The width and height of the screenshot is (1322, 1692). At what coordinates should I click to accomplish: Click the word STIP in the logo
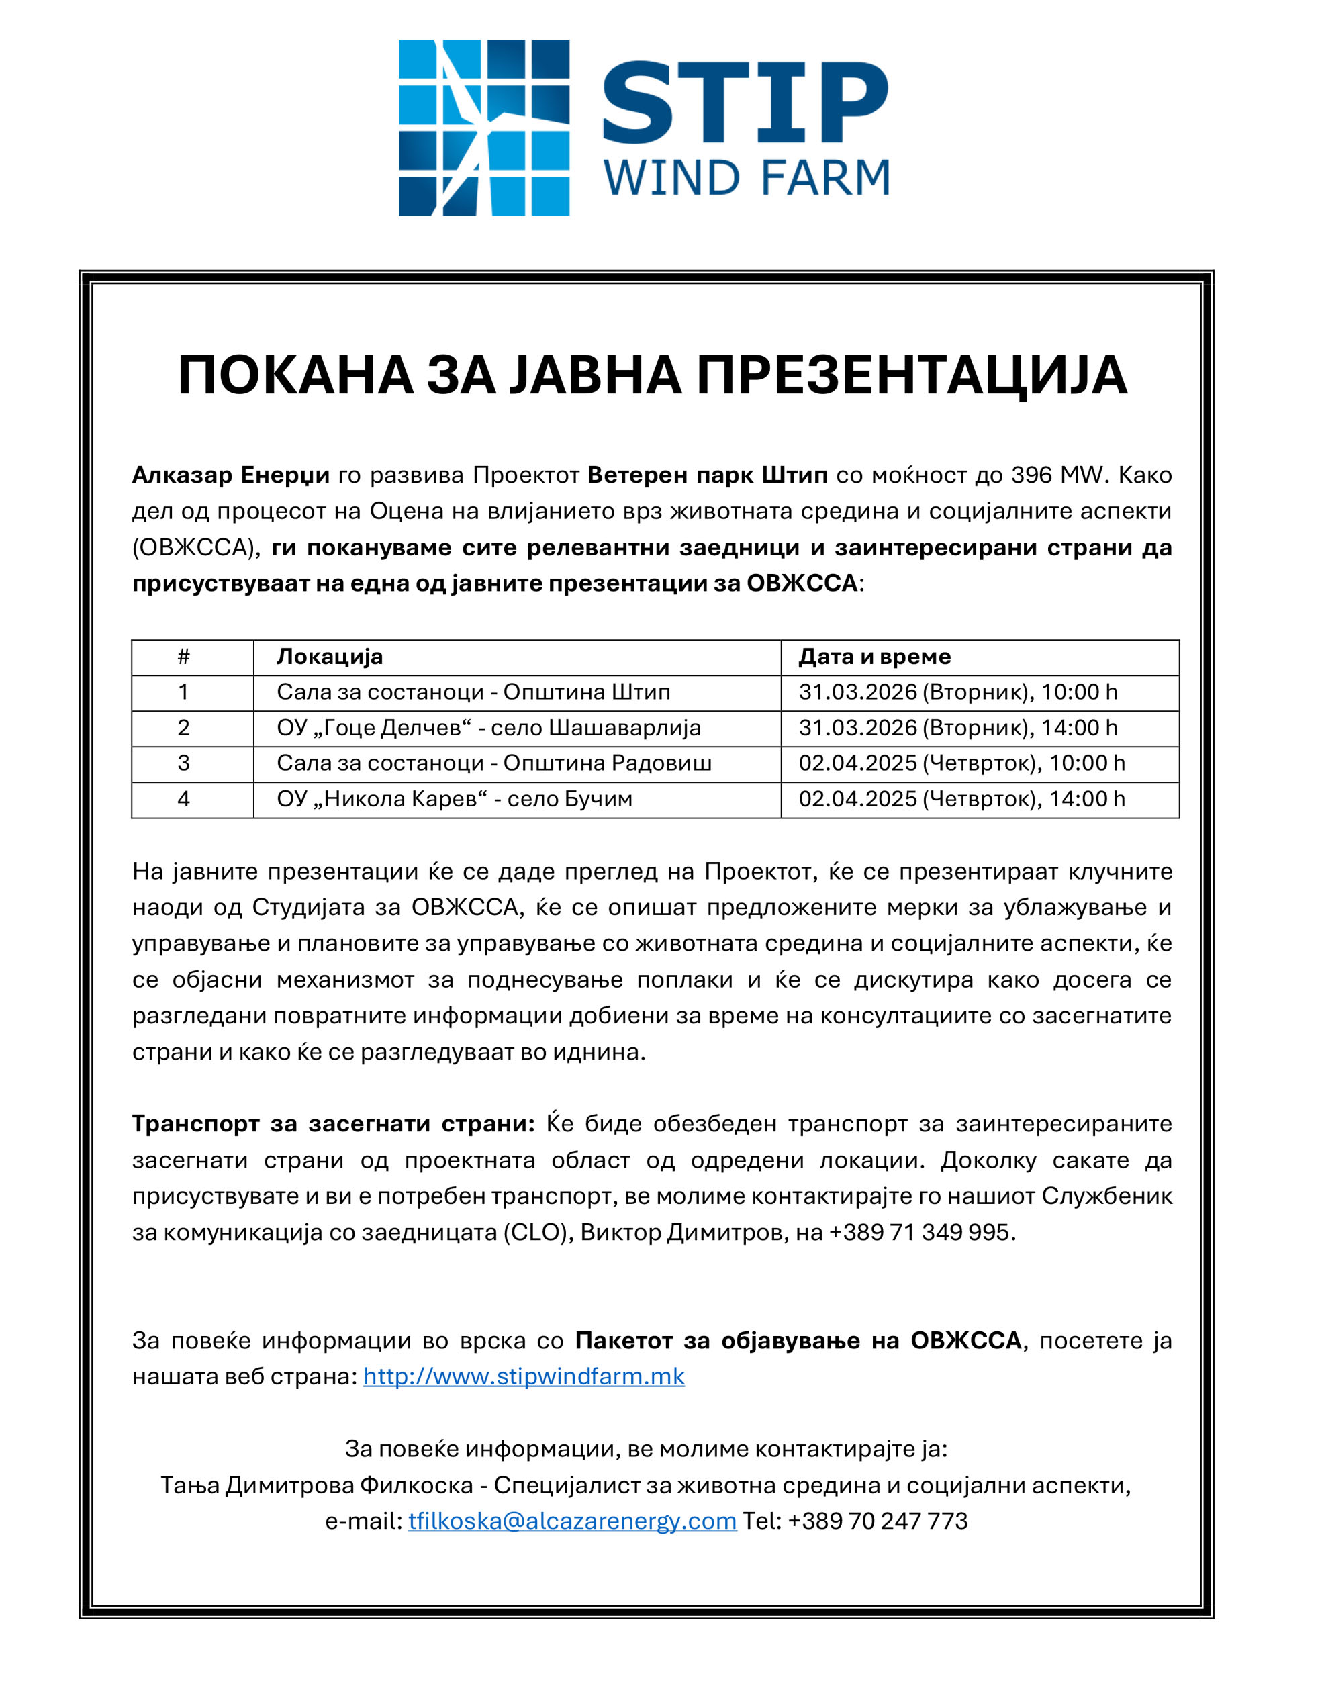[x=745, y=102]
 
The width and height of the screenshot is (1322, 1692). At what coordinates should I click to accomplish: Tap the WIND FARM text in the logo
[x=746, y=178]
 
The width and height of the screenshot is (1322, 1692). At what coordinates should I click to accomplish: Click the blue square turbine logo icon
[x=483, y=128]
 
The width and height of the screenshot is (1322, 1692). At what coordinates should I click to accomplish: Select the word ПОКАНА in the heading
[x=295, y=376]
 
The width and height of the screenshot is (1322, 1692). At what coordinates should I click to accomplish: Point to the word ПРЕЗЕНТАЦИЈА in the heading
[x=911, y=376]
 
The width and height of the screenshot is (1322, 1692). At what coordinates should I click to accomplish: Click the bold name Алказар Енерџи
[x=230, y=475]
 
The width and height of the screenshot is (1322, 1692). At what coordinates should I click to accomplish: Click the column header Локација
[x=330, y=657]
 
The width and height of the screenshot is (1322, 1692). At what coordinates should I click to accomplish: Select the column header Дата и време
[x=874, y=657]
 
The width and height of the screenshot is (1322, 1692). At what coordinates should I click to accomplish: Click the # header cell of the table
[x=184, y=657]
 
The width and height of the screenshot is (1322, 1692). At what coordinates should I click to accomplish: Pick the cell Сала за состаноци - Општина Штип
[x=473, y=692]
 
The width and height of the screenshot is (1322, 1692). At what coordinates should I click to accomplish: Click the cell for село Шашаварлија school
[x=488, y=728]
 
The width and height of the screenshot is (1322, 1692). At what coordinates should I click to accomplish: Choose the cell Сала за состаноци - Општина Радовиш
[x=493, y=763]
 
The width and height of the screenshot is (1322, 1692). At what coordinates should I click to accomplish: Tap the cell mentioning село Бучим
[x=454, y=799]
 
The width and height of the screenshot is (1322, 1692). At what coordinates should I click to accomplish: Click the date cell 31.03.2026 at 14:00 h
[x=958, y=728]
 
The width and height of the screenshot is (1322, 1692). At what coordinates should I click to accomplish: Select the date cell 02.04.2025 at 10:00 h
[x=961, y=763]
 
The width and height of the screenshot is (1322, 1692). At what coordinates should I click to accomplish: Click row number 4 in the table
[x=184, y=799]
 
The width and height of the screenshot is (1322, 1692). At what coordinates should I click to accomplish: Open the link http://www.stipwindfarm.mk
[x=524, y=1376]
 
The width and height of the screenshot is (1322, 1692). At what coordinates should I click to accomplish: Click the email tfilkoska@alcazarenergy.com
[x=572, y=1521]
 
